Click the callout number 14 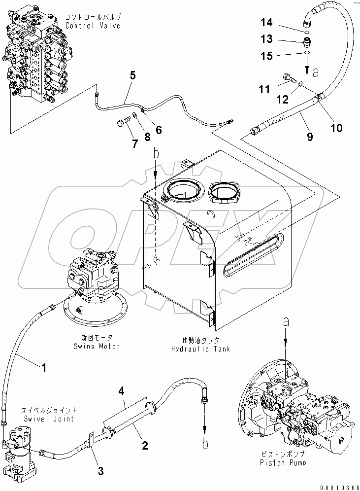click(x=266, y=22)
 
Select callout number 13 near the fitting click(x=266, y=39)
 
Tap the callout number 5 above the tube click(x=132, y=75)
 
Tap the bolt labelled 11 click(x=289, y=77)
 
